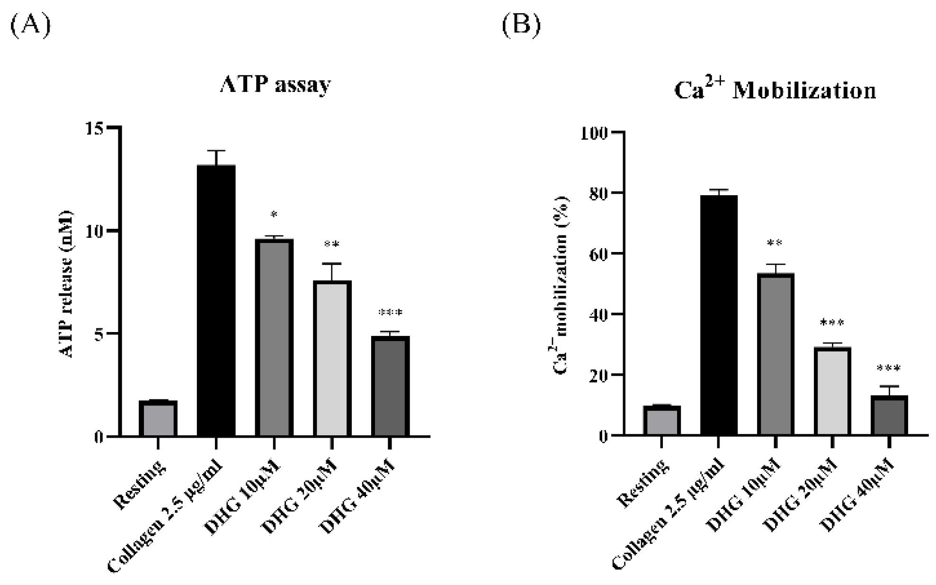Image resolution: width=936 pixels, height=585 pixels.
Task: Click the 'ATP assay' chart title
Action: (x=275, y=85)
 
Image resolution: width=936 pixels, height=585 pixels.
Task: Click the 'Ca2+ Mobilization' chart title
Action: (x=775, y=90)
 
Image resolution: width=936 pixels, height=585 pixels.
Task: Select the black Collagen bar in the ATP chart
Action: (x=216, y=300)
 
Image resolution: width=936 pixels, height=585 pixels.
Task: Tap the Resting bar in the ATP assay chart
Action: (x=158, y=418)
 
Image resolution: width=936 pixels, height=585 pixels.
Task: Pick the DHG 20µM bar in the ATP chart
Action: (x=332, y=359)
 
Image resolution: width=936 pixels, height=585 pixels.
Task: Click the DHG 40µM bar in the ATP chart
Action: (x=390, y=386)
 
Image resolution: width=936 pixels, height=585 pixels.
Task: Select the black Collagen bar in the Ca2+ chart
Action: (x=718, y=315)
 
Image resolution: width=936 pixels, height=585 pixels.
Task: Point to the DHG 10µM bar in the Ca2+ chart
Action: (x=775, y=354)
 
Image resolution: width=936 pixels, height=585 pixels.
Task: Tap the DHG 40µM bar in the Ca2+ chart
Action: (x=889, y=415)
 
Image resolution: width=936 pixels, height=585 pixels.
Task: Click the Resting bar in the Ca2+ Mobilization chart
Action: (x=661, y=421)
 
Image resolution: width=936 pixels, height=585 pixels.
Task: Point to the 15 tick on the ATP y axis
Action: (x=95, y=128)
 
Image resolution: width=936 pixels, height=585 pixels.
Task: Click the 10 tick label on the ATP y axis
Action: (x=95, y=231)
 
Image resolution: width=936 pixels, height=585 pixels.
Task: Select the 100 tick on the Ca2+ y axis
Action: (x=595, y=133)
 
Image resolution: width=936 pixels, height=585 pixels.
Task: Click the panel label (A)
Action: (x=30, y=25)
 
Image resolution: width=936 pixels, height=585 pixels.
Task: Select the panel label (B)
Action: (x=521, y=25)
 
